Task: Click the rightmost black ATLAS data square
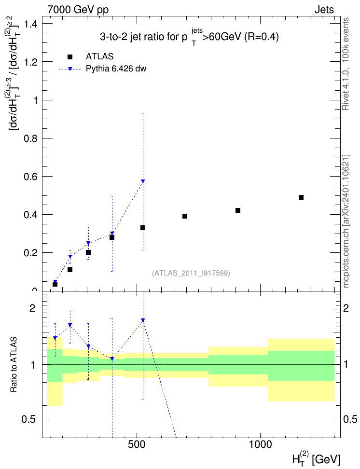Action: [301, 197]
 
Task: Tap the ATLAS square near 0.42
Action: [238, 210]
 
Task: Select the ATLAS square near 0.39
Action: [185, 216]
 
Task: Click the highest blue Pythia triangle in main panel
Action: [143, 181]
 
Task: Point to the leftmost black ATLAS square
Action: [55, 284]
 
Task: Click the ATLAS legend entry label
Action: [99, 56]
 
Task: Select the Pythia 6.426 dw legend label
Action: [116, 69]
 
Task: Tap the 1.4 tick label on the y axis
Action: [30, 24]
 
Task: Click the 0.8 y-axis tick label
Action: [30, 138]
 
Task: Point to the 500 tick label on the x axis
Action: [137, 444]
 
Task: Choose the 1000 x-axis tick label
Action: [260, 444]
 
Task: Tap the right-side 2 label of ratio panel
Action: [346, 308]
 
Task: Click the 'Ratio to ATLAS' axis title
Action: [14, 365]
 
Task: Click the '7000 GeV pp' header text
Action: [78, 10]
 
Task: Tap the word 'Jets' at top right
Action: [324, 10]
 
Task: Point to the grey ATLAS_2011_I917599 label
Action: [191, 273]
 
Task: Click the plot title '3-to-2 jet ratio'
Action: [189, 37]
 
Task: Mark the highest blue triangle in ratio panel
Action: [143, 320]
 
